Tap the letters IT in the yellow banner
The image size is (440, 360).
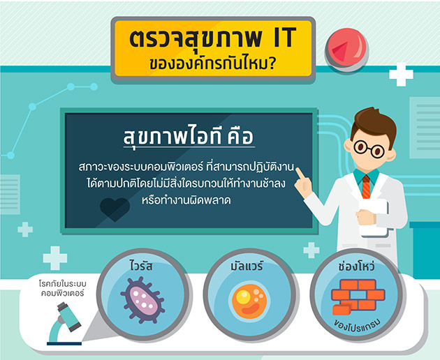(x=284, y=37)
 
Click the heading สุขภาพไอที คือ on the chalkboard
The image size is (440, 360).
(x=189, y=137)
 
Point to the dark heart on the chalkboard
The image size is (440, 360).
(x=115, y=209)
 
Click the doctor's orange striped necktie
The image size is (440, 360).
(x=366, y=186)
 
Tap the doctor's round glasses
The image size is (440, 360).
(x=369, y=149)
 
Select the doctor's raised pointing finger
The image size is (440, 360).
(x=300, y=173)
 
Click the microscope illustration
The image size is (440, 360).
(x=64, y=323)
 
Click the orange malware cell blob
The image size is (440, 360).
(x=249, y=301)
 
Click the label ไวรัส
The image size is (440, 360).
(x=141, y=265)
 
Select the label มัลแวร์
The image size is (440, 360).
(x=247, y=265)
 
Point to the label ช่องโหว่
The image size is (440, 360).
(x=356, y=265)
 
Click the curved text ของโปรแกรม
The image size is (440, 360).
(x=357, y=325)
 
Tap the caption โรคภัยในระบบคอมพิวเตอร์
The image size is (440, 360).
(x=62, y=288)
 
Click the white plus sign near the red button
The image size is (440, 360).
(x=401, y=74)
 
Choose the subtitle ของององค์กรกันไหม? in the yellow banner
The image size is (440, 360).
(x=212, y=63)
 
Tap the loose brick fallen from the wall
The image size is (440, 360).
(x=342, y=310)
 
